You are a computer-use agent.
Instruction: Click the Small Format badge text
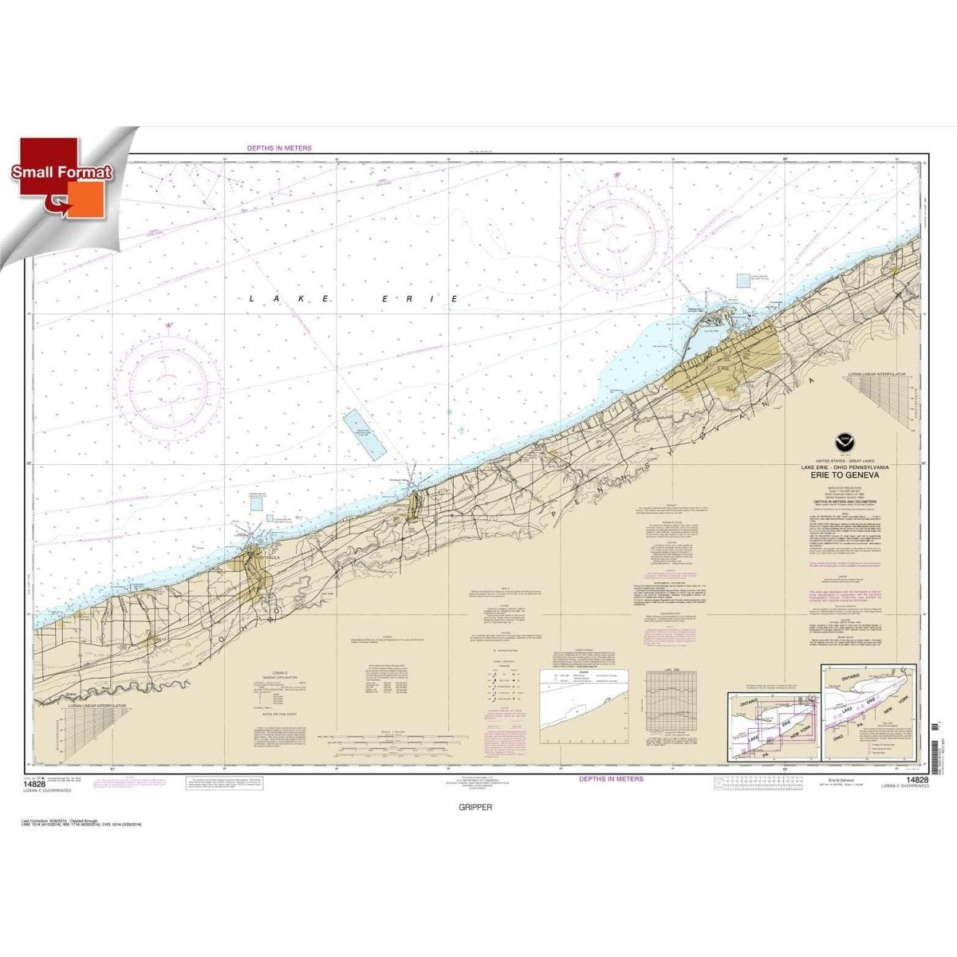[x=62, y=172]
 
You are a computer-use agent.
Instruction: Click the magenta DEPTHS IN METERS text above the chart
[x=278, y=148]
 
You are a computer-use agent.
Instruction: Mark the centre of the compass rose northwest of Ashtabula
[x=169, y=386]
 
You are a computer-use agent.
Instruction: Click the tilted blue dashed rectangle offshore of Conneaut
[x=364, y=433]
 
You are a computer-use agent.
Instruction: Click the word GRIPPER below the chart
[x=476, y=807]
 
